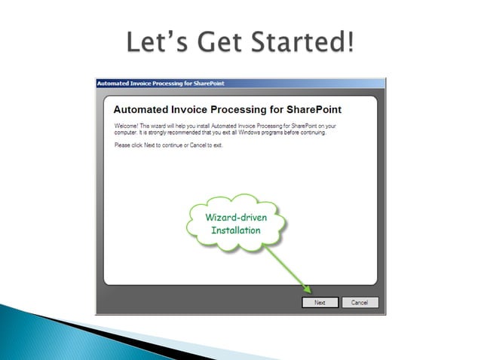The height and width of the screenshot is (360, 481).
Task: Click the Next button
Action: click(x=320, y=302)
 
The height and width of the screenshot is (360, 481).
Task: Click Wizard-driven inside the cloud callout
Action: click(x=235, y=217)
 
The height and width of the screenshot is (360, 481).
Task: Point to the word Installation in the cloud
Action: click(x=235, y=230)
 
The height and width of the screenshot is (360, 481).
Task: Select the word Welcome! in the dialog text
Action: click(x=127, y=124)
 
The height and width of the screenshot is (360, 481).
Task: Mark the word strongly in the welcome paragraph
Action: click(x=152, y=132)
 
